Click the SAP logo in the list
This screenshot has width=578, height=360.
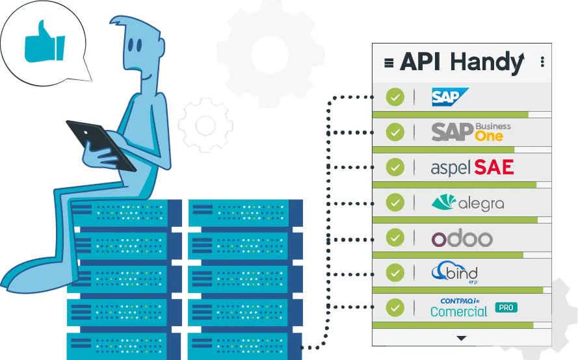coord(450,97)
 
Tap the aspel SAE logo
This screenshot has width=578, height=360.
coord(472,167)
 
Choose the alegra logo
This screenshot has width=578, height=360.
coord(467,203)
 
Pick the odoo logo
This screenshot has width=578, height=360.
coord(462,238)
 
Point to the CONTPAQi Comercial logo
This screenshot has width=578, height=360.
coord(459,307)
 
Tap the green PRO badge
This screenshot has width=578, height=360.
coord(506,307)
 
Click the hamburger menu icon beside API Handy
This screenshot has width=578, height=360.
coord(389,63)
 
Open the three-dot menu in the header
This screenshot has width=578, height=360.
coord(542,62)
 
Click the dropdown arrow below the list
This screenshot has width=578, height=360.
coord(462,338)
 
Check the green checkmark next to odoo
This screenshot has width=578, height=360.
coord(395,237)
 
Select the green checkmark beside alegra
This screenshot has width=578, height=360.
coord(395,202)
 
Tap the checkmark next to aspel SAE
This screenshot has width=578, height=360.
coord(395,167)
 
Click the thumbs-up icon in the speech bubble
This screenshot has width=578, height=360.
coord(44,42)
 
